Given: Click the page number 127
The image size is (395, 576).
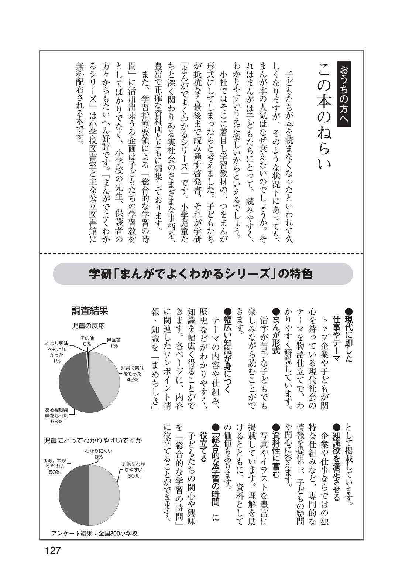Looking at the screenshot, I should tap(52, 550).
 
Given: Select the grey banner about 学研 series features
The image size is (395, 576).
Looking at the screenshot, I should tap(203, 274).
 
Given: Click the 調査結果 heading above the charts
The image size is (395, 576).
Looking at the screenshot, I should tap(90, 311).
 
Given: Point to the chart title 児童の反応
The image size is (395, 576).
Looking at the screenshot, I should tap(88, 326).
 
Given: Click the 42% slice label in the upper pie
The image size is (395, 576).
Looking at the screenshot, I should tap(131, 374).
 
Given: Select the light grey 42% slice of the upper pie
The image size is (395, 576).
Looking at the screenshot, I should tap(105, 377).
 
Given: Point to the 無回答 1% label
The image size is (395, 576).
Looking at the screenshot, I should tap(114, 342).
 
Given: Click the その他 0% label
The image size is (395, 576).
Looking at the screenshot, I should tap(87, 341).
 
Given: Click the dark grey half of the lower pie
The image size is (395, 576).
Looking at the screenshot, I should tap(74, 495).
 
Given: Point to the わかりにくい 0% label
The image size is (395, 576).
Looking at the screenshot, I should tap(99, 453).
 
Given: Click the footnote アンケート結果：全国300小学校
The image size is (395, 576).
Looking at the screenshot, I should tap(95, 533).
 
